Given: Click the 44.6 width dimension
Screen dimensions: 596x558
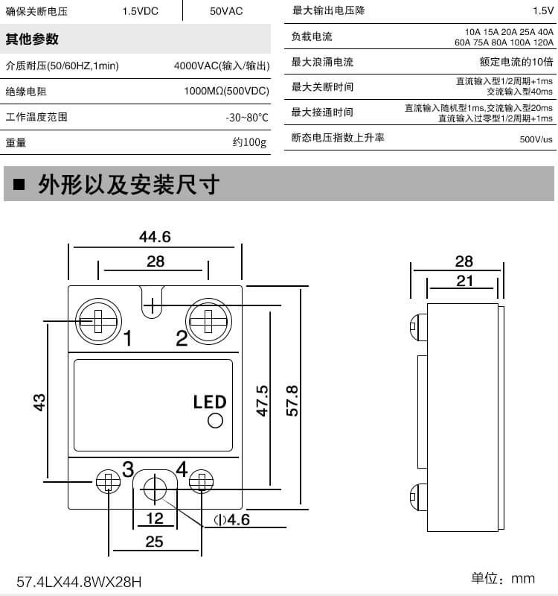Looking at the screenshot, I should point(155,237).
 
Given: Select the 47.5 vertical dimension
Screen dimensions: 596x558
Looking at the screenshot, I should point(262,400).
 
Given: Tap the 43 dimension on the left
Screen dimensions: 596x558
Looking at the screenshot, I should point(40,400).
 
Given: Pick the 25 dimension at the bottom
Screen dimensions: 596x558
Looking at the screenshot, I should point(154,542).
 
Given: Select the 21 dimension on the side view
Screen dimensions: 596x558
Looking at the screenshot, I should point(464,280).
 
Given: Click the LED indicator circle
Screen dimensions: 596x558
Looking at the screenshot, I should point(216,421).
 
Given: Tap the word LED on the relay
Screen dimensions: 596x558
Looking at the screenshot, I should point(209,402).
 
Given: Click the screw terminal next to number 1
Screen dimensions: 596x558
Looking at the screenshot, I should point(98,321).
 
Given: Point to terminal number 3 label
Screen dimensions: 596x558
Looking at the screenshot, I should point(128,469).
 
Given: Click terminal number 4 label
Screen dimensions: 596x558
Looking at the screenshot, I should point(182,469).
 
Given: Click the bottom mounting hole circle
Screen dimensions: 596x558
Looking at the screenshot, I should point(155,489).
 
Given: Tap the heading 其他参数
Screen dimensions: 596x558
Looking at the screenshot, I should point(32,39).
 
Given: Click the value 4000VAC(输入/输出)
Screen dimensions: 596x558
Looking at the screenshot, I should point(221,66).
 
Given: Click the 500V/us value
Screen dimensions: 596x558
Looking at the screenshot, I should point(536,139).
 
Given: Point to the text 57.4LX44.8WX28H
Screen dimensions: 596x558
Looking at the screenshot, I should point(79,580).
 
